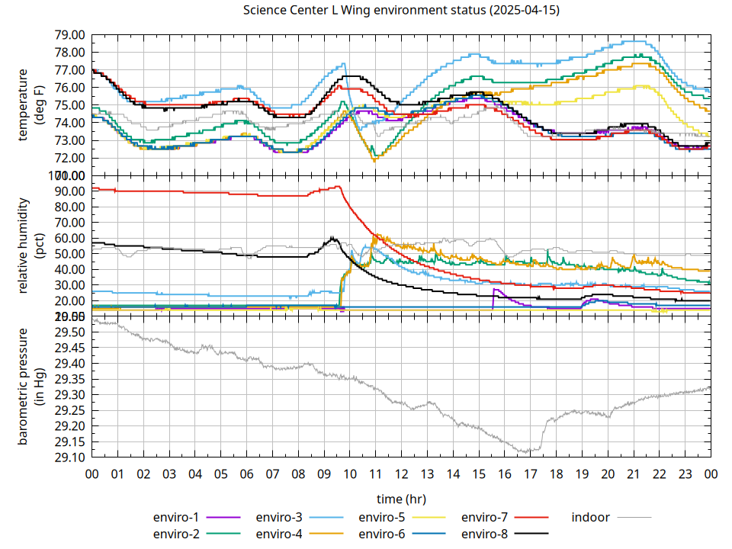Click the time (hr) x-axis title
(401, 499)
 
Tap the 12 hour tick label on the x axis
(401, 474)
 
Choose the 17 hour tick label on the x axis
(530, 474)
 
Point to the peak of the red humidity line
(338, 186)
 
